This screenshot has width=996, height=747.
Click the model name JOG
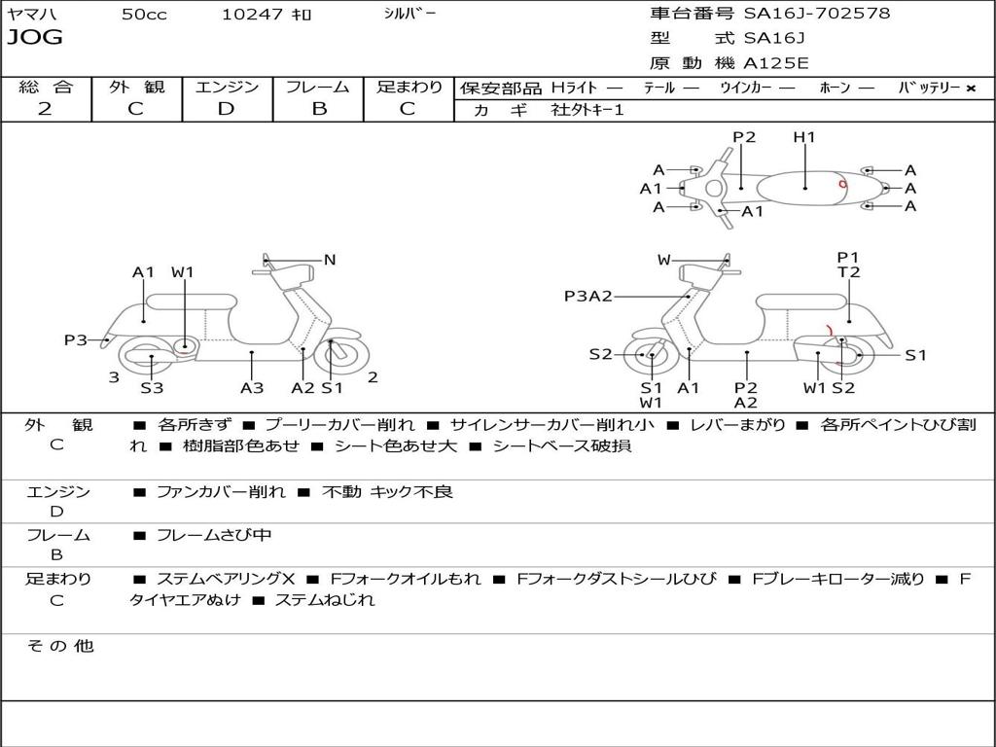point(35,37)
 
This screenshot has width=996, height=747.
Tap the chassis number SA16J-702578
point(817,14)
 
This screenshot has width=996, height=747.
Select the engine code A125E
point(776,63)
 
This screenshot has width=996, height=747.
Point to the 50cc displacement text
point(144,14)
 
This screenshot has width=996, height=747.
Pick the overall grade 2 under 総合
point(45,109)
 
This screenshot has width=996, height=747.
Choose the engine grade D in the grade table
point(226,109)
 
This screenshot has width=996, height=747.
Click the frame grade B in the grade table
point(319,109)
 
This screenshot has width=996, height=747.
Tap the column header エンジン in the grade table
point(227,87)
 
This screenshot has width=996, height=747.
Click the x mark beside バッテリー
point(971,89)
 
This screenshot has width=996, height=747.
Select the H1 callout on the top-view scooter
point(804,136)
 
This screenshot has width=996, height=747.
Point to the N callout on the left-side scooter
point(330,260)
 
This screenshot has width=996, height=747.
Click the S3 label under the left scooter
point(152,387)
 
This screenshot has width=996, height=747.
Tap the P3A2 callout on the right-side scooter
point(588,296)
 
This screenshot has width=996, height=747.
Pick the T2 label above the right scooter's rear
point(848,272)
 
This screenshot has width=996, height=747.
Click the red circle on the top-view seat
point(843,184)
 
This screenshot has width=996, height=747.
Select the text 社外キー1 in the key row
point(587,110)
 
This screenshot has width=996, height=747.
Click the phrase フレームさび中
point(214,535)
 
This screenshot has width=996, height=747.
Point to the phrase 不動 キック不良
point(387,491)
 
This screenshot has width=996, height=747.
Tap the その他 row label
point(60,646)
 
